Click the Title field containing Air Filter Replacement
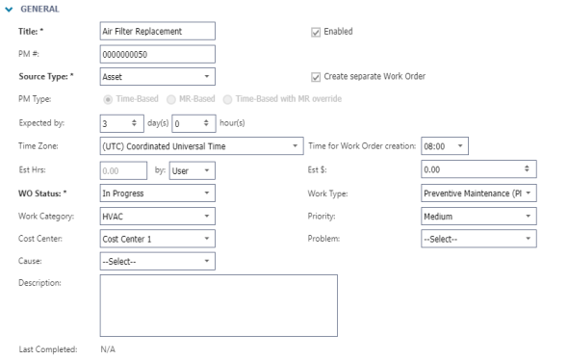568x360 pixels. [156, 31]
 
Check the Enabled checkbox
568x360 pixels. [317, 31]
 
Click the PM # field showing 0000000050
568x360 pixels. [156, 54]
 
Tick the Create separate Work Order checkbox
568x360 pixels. [317, 76]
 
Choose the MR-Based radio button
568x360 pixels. [172, 99]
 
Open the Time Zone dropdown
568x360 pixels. [200, 146]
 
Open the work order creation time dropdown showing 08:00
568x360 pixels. [443, 146]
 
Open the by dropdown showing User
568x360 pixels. [194, 169]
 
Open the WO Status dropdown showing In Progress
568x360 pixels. [156, 193]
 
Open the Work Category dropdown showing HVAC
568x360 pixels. [156, 216]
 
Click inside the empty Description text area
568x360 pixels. [219, 303]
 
